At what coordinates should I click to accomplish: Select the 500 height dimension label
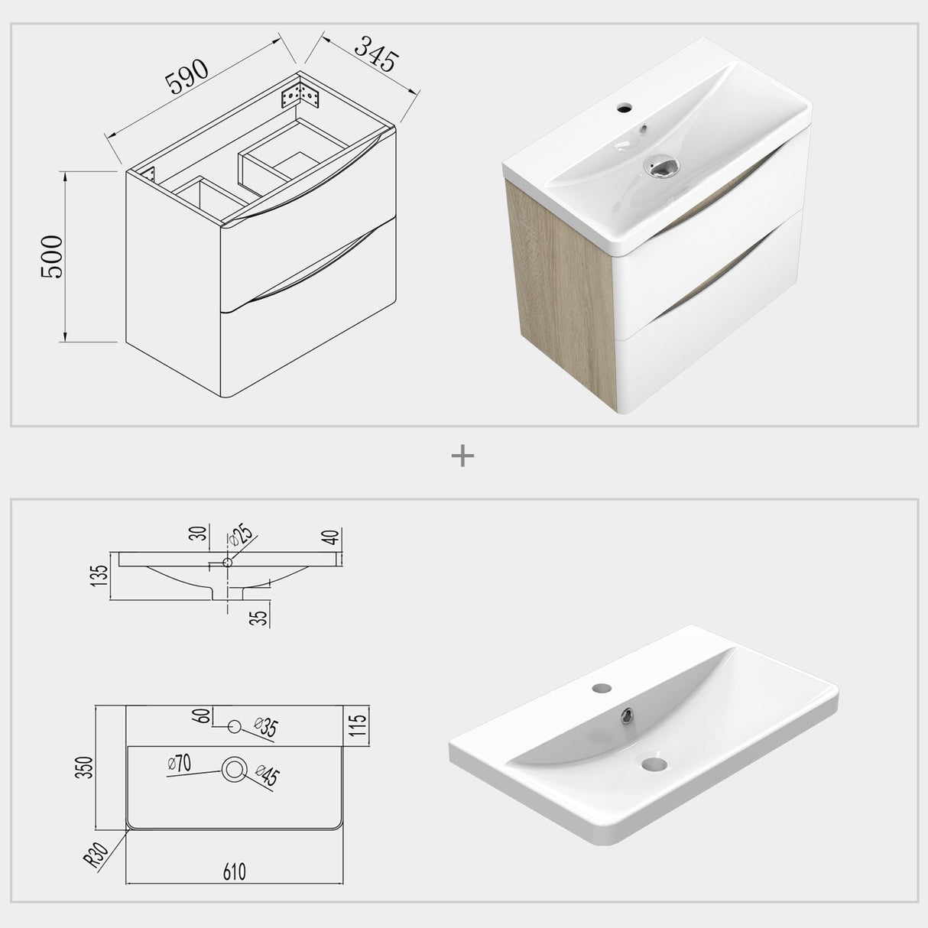point(53,257)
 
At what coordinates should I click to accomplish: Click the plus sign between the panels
point(463,456)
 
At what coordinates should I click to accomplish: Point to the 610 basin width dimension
point(234,871)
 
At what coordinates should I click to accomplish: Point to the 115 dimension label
point(359,721)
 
